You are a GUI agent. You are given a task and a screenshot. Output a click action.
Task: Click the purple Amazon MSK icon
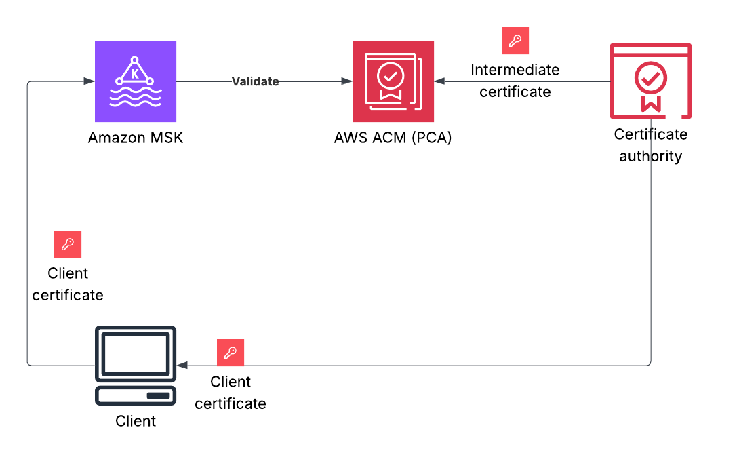pyautogui.click(x=136, y=81)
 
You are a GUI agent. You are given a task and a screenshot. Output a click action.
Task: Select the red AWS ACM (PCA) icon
pyautogui.click(x=393, y=81)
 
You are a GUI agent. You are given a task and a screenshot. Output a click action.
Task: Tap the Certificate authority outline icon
pyautogui.click(x=651, y=81)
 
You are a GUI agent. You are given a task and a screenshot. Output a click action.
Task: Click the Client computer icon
pyautogui.click(x=136, y=366)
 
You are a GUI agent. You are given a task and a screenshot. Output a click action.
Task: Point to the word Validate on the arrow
pyautogui.click(x=256, y=81)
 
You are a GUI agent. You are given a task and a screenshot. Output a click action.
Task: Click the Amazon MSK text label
pyautogui.click(x=136, y=138)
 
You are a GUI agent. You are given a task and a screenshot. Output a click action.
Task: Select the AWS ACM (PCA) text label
pyautogui.click(x=393, y=138)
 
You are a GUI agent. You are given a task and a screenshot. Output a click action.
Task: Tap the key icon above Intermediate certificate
pyautogui.click(x=515, y=41)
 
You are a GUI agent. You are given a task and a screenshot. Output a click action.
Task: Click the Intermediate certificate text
pyautogui.click(x=515, y=81)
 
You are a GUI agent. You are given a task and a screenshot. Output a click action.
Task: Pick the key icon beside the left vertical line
pyautogui.click(x=68, y=244)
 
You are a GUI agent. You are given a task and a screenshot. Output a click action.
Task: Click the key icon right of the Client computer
pyautogui.click(x=231, y=353)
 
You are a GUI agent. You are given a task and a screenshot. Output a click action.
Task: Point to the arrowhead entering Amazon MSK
pyautogui.click(x=89, y=81)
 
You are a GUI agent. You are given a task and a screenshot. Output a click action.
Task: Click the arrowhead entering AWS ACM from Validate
pyautogui.click(x=347, y=81)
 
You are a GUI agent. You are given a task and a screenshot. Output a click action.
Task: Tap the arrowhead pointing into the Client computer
pyautogui.click(x=182, y=366)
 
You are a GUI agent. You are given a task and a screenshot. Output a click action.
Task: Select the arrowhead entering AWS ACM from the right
pyautogui.click(x=440, y=81)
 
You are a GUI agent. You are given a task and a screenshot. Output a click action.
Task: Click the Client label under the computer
pyautogui.click(x=136, y=421)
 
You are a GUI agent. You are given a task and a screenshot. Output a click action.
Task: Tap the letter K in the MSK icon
pyautogui.click(x=135, y=74)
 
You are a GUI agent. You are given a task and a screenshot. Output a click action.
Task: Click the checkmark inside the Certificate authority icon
pyautogui.click(x=651, y=79)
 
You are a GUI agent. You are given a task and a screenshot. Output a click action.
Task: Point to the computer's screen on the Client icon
pyautogui.click(x=136, y=353)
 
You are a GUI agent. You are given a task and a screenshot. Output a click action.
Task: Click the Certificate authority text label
pyautogui.click(x=651, y=145)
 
